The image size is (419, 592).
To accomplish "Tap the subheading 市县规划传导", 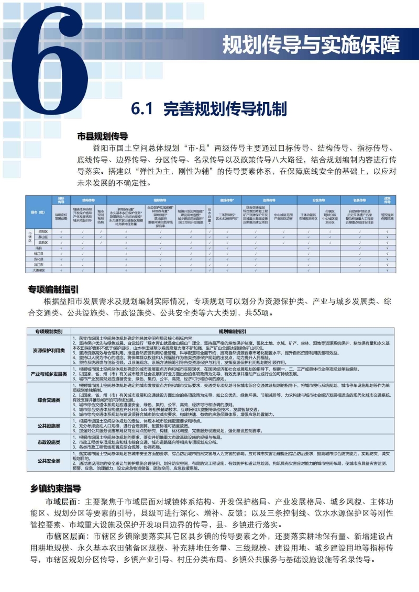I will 103,136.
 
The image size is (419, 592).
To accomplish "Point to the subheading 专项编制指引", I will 53,289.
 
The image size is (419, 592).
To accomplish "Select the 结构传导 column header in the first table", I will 87,200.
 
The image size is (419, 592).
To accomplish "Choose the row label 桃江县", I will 38,253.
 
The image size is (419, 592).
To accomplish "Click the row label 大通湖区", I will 38,271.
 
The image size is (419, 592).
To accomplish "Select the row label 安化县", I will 38,259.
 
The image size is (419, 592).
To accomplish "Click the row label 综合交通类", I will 49,400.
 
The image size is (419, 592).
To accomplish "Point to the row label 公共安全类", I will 49,461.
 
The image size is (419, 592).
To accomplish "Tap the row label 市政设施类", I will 49,442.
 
